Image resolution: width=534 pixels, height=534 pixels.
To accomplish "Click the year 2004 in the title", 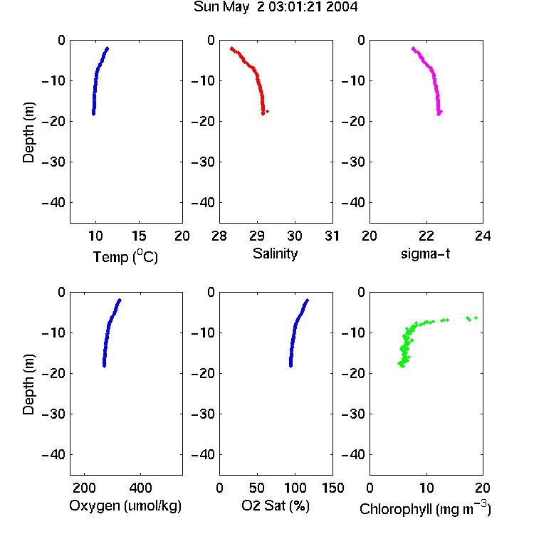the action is pyautogui.click(x=342, y=7).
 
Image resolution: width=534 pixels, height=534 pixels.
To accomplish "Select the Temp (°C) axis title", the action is pyautogui.click(x=125, y=257).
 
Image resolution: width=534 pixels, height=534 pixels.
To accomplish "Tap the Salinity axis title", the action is pyautogui.click(x=275, y=253).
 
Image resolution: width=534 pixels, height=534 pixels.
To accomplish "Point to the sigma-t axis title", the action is pyautogui.click(x=425, y=253).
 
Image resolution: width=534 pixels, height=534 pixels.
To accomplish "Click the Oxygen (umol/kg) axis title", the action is pyautogui.click(x=125, y=506).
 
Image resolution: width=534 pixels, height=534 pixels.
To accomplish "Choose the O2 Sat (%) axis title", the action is pyautogui.click(x=275, y=506).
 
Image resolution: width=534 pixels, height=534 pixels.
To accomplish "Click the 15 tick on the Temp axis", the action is pyautogui.click(x=139, y=236).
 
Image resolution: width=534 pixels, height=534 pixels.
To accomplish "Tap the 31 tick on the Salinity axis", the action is pyautogui.click(x=332, y=236).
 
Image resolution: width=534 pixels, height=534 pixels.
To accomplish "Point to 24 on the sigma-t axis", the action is pyautogui.click(x=483, y=236).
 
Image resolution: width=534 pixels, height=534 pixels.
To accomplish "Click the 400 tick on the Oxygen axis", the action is pyautogui.click(x=140, y=488).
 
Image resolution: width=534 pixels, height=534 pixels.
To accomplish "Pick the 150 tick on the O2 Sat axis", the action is pyautogui.click(x=333, y=488).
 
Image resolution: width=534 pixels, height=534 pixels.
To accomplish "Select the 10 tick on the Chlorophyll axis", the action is pyautogui.click(x=426, y=488).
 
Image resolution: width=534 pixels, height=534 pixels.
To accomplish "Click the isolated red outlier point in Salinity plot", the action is pyautogui.click(x=267, y=111).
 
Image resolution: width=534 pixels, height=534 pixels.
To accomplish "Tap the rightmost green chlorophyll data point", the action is pyautogui.click(x=476, y=318).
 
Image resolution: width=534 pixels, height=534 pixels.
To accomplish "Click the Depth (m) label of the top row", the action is pyautogui.click(x=28, y=132).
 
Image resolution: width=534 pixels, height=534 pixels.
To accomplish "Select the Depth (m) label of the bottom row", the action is pyautogui.click(x=28, y=384).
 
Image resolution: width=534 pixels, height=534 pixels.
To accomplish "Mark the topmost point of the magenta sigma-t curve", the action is pyautogui.click(x=413, y=48).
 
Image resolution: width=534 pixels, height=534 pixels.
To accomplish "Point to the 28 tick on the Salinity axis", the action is pyautogui.click(x=219, y=236).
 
